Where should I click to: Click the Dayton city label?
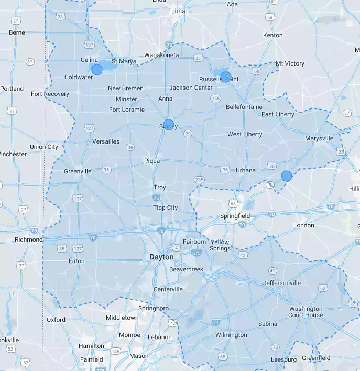[161, 257]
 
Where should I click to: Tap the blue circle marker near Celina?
[97, 69]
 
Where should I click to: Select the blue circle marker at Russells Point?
[225, 77]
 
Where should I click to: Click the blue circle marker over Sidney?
[169, 125]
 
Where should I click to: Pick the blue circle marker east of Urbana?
[287, 176]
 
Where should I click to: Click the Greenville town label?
[78, 171]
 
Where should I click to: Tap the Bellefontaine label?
[244, 107]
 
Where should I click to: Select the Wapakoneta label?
[161, 55]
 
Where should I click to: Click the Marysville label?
[319, 138]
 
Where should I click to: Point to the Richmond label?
[28, 239]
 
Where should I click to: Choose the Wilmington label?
[231, 335]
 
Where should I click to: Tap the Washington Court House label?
[306, 312]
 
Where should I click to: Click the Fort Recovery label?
[50, 94]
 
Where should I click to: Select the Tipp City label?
[165, 208]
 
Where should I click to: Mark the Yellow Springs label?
[220, 245]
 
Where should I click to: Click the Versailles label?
[106, 141]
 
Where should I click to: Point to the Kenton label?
[272, 35]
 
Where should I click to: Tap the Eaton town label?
[77, 260]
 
